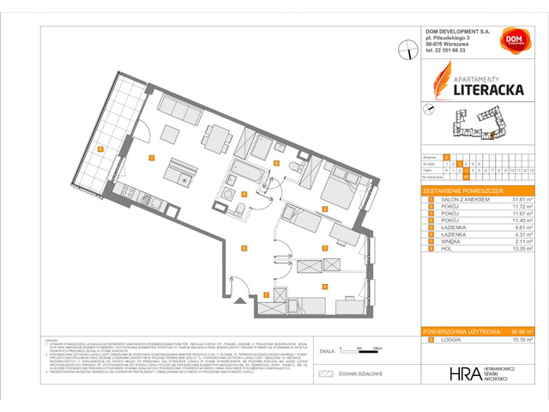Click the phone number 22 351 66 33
coord(455,50)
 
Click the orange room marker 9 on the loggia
coord(100,148)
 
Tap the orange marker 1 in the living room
coord(151,158)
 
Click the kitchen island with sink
coord(183,174)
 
